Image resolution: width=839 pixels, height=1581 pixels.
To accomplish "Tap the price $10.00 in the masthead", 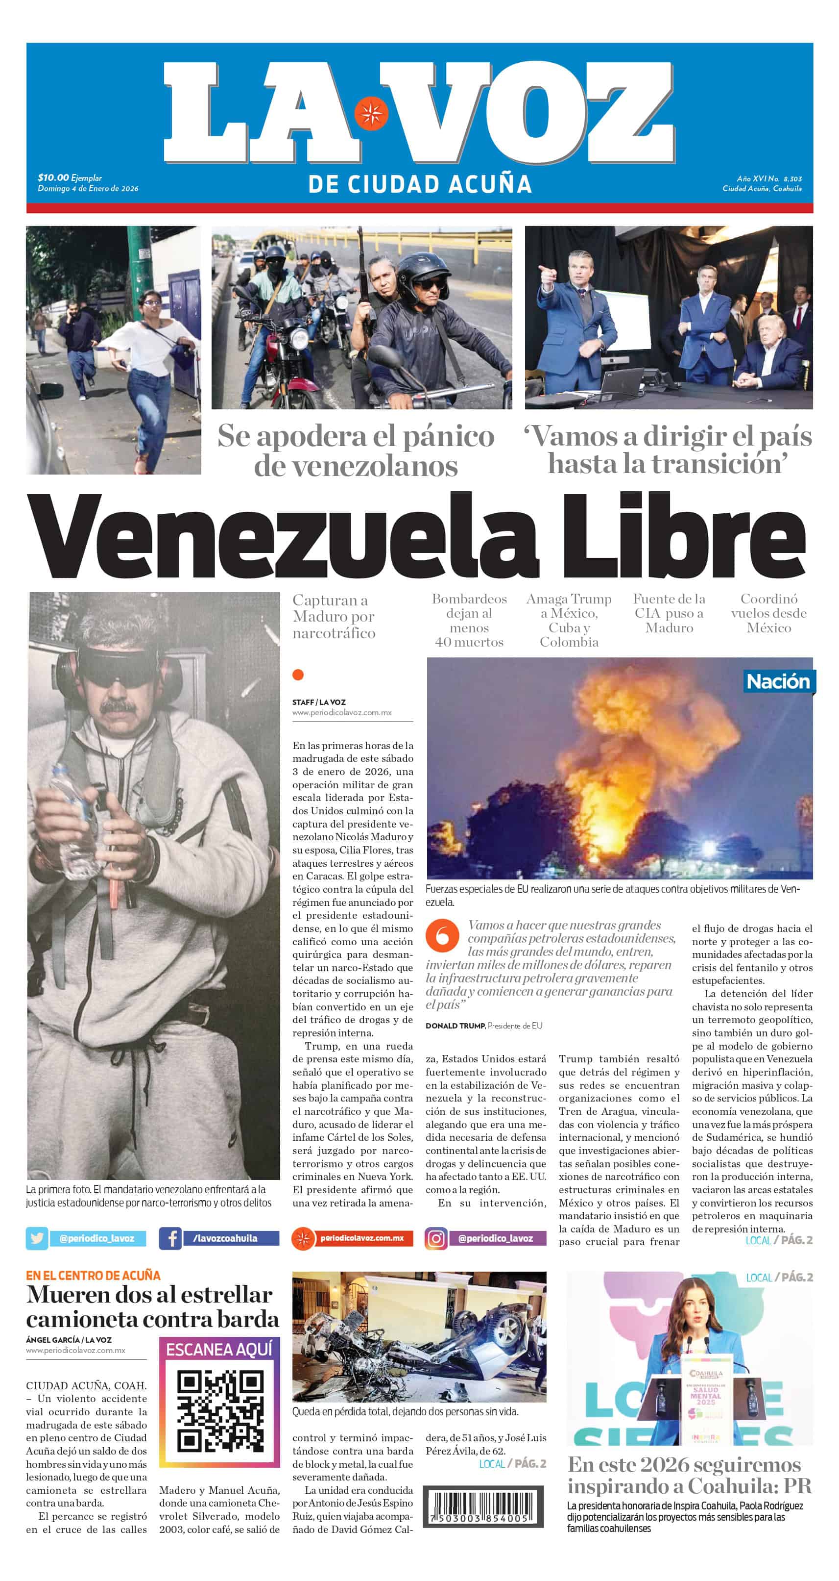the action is pyautogui.click(x=53, y=177).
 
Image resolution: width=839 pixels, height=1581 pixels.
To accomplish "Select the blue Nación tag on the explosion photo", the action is pyautogui.click(x=778, y=681).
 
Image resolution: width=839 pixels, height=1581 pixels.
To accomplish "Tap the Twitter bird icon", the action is pyautogui.click(x=37, y=1238).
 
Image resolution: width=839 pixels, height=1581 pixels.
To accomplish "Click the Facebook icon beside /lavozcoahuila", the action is pyautogui.click(x=170, y=1238).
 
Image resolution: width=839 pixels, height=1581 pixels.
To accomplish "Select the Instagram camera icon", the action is pyautogui.click(x=435, y=1238).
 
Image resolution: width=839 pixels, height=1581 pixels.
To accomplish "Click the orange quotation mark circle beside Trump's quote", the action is pyautogui.click(x=442, y=935).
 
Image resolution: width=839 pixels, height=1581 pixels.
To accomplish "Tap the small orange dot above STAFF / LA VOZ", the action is pyautogui.click(x=298, y=675).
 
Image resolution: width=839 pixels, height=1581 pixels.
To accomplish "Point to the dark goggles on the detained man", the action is pyautogui.click(x=120, y=667).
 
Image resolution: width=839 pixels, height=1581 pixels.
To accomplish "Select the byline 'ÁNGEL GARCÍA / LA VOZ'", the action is pyautogui.click(x=69, y=1340).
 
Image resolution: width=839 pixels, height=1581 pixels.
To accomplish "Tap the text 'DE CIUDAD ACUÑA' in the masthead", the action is pyautogui.click(x=419, y=184).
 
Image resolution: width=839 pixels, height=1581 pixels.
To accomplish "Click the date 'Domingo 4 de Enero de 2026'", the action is pyautogui.click(x=88, y=188).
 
